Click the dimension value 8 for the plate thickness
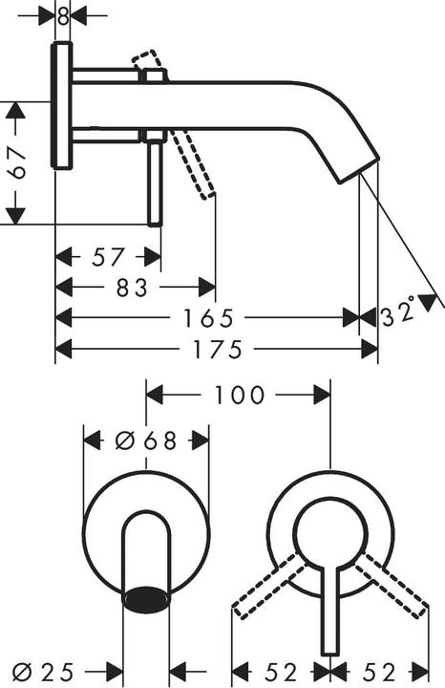click(63, 15)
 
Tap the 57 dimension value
click(109, 257)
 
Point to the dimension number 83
click(134, 287)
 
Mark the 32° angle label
click(399, 312)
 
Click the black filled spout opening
click(146, 598)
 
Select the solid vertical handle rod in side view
click(153, 182)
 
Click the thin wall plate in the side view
click(63, 105)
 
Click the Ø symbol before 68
click(123, 441)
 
